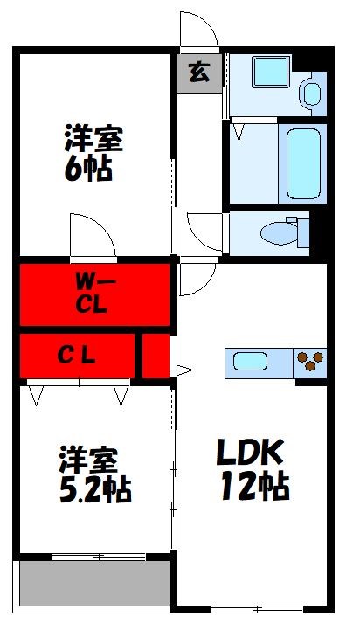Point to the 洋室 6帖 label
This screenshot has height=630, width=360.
click(92, 152)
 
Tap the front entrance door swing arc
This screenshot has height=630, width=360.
click(199, 32)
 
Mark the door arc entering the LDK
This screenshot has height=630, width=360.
click(196, 280)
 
